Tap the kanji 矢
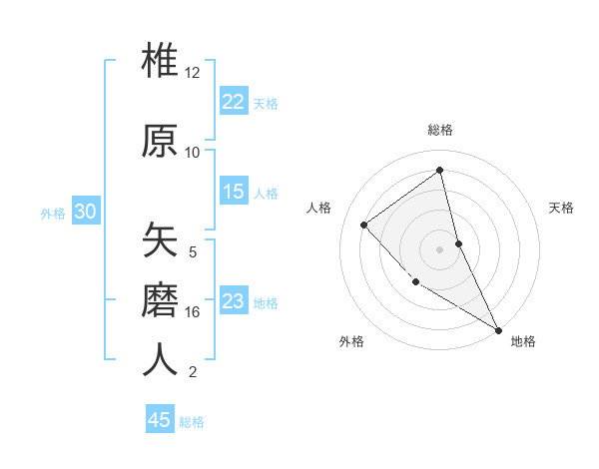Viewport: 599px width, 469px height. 160,240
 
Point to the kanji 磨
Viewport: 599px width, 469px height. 160,298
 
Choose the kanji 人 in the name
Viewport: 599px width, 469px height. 160,358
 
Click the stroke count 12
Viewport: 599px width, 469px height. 193,73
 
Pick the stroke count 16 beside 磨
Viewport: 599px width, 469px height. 193,312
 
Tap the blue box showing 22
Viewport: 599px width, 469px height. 234,101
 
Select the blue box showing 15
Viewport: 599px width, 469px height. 234,192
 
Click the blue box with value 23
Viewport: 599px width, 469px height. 234,301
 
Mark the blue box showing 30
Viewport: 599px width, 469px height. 85,212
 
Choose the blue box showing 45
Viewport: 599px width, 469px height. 160,420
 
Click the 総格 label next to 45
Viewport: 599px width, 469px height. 192,422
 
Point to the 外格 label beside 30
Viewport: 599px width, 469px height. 53,213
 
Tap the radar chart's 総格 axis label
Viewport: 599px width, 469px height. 440,130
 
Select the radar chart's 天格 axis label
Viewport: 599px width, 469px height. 562,208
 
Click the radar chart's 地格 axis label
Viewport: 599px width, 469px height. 523,341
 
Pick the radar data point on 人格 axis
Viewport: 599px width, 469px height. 364,225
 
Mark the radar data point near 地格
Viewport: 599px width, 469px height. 497,329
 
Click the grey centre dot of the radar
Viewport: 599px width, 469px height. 439,248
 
